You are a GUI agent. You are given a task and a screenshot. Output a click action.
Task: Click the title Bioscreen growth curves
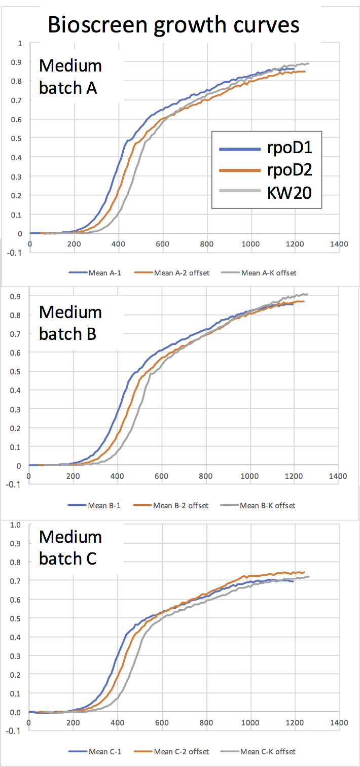click(x=173, y=24)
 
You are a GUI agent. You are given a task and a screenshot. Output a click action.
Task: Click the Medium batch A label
click(x=70, y=77)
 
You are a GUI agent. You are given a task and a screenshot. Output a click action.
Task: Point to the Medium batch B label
click(x=70, y=323)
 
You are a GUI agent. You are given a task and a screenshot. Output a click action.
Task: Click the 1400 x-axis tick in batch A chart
click(x=338, y=244)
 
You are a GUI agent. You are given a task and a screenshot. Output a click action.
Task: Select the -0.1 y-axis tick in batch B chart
click(x=15, y=484)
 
